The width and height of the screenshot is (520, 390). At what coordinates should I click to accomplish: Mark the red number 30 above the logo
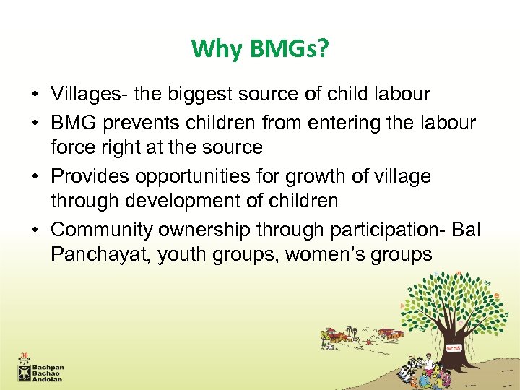24,356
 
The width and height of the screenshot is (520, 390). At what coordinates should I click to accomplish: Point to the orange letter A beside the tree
402,306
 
